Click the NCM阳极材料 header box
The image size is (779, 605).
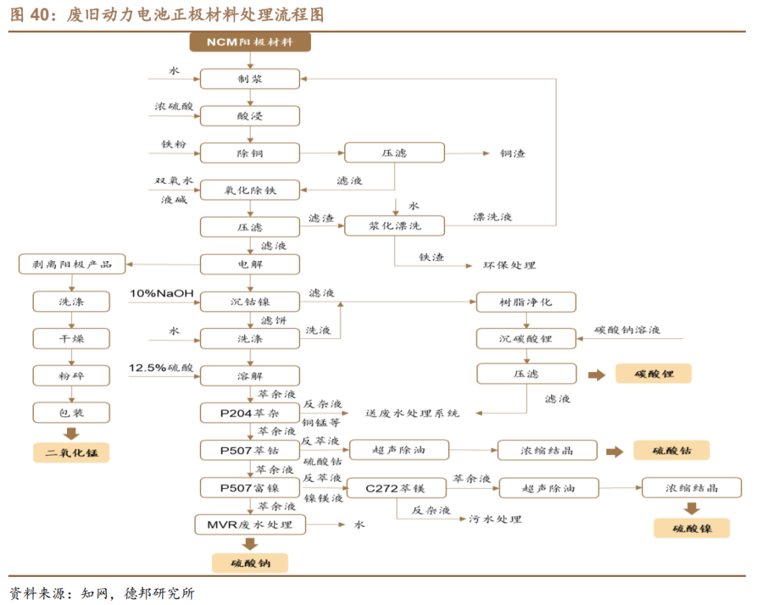click(250, 42)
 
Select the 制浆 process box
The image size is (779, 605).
click(250, 79)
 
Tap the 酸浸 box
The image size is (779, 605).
click(250, 115)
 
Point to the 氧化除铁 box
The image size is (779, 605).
click(250, 190)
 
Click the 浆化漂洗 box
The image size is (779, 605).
click(395, 226)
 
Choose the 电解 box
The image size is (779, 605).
click(250, 264)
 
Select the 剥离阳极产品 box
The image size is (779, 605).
click(71, 264)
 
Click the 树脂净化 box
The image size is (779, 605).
click(526, 301)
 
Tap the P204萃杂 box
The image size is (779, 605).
click(250, 413)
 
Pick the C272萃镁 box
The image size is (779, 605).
click(395, 488)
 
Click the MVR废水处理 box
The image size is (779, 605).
click(250, 524)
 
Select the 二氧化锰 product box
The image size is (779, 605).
click(71, 453)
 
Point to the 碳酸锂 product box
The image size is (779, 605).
click(653, 374)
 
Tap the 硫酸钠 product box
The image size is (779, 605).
click(250, 562)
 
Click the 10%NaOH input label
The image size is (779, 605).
click(162, 293)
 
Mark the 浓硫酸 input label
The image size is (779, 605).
click(175, 107)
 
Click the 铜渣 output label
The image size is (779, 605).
click(513, 153)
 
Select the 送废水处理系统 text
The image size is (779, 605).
click(413, 413)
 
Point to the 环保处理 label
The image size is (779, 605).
click(509, 265)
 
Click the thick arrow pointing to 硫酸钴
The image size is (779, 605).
click(615, 451)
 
